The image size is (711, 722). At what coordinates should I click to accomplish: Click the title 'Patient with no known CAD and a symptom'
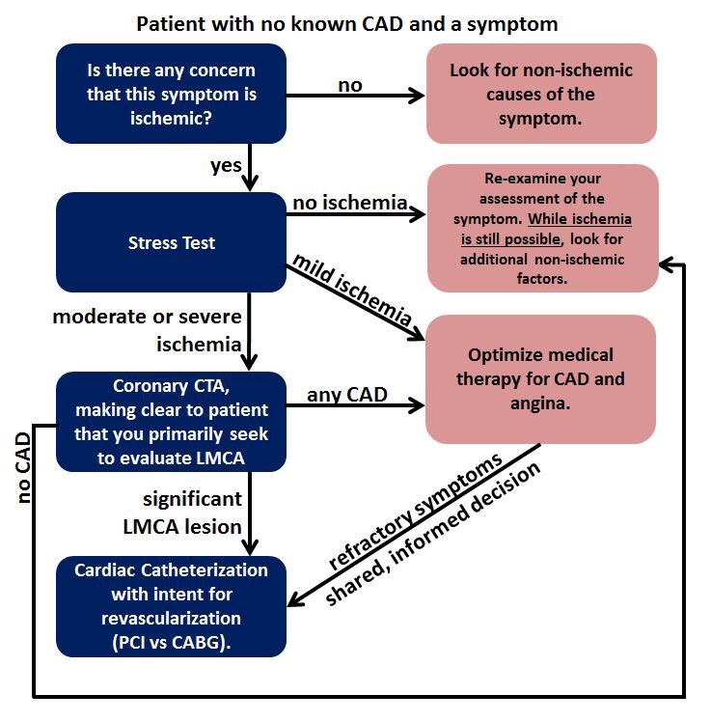pyautogui.click(x=346, y=22)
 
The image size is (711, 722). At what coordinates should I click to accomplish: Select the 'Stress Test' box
pyautogui.click(x=171, y=242)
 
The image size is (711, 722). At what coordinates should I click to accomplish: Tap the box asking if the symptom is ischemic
pyautogui.click(x=171, y=95)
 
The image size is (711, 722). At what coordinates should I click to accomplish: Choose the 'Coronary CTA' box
pyautogui.click(x=171, y=422)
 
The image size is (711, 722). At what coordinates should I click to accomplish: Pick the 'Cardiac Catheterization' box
pyautogui.click(x=171, y=606)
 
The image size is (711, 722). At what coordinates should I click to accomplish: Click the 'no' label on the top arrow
pyautogui.click(x=349, y=84)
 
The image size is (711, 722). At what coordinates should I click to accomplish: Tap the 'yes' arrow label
pyautogui.click(x=226, y=166)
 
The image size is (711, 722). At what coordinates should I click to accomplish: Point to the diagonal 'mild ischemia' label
pyautogui.click(x=351, y=289)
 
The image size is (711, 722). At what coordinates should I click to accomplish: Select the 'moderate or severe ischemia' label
pyautogui.click(x=147, y=330)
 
